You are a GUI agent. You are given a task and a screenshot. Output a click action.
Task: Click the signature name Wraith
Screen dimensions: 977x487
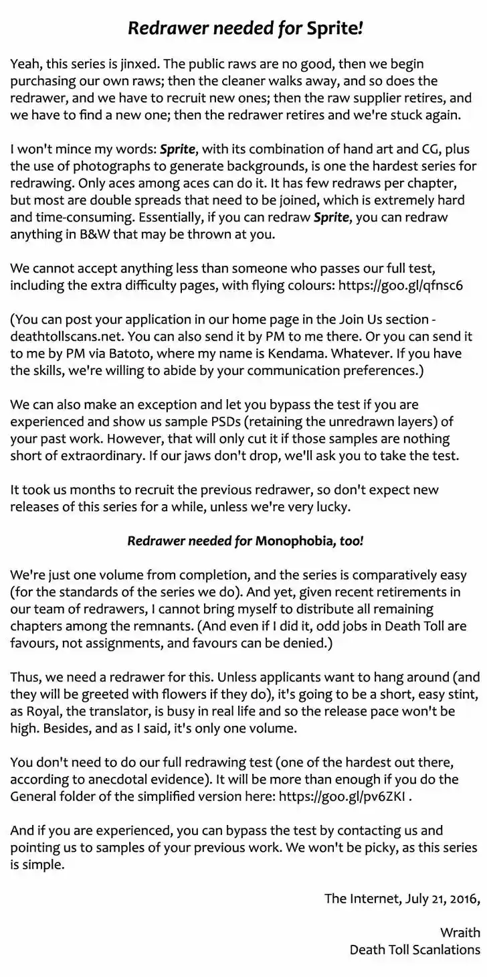(460, 933)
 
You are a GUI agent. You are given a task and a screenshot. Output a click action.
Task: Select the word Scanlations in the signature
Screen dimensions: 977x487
(444, 950)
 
